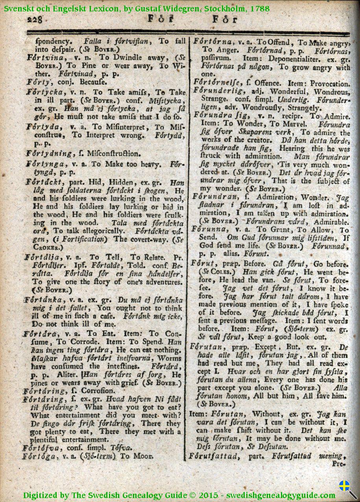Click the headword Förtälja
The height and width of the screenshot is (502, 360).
tap(42, 258)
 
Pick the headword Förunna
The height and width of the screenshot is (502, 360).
tap(209, 230)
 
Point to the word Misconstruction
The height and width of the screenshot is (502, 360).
tap(113, 153)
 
